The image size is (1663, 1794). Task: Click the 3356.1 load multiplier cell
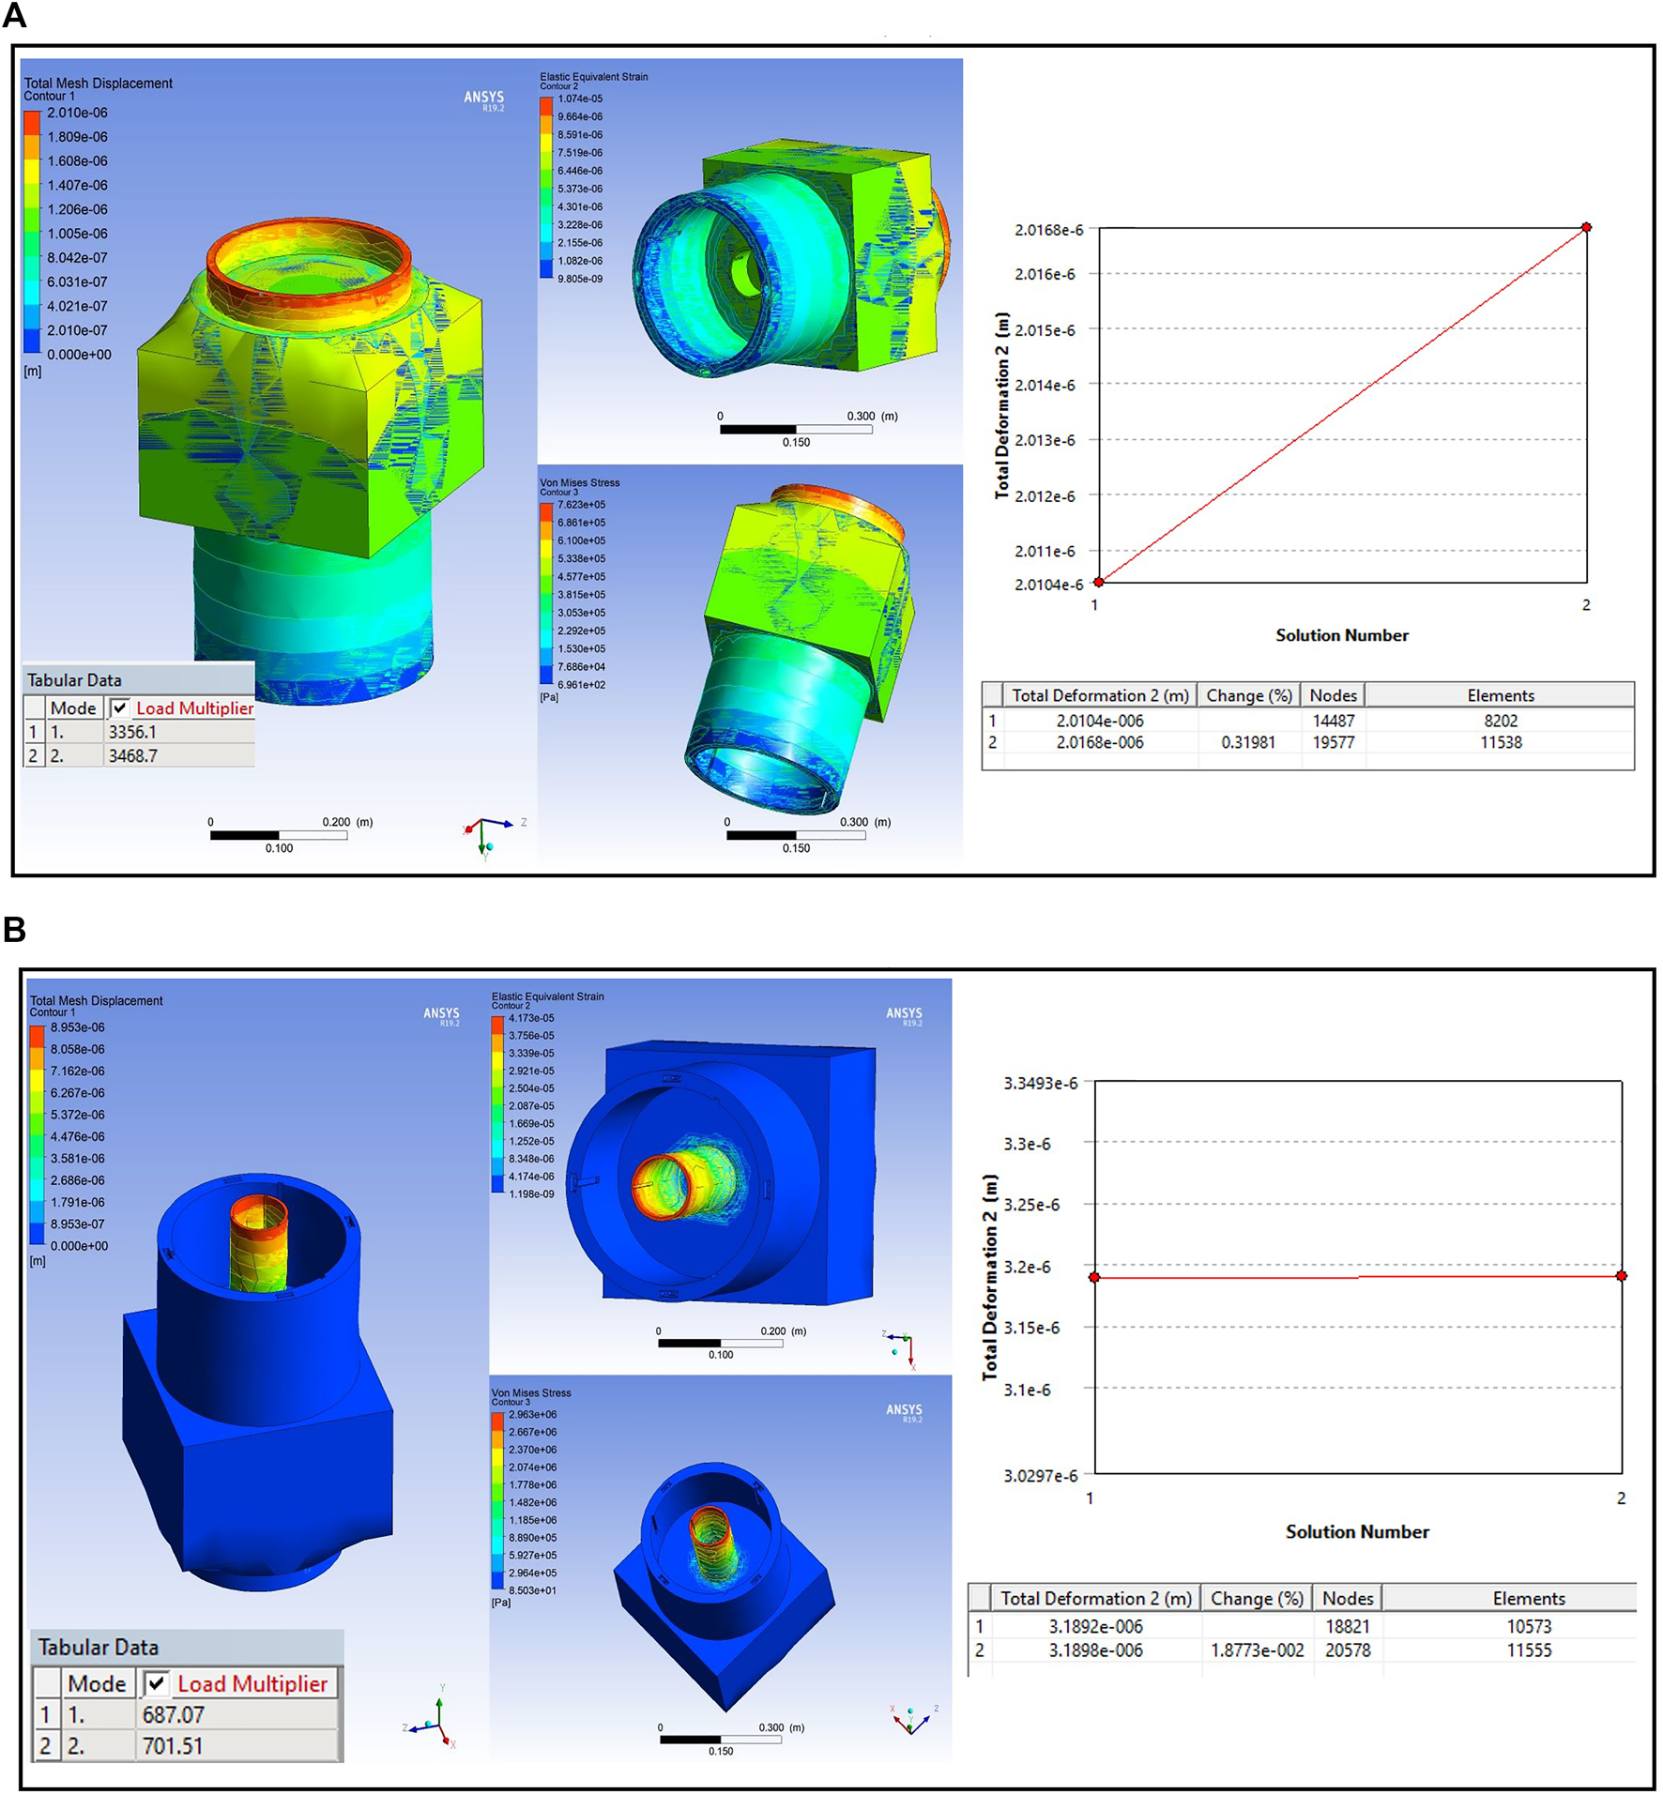coord(132,732)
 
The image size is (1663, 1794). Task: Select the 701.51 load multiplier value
coord(173,1745)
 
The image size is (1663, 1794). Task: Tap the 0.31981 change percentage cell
coord(1247,742)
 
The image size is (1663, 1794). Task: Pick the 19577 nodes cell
coord(1334,742)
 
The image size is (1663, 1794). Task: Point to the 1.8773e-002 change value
coord(1257,1650)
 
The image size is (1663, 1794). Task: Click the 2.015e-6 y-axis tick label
coord(1045,330)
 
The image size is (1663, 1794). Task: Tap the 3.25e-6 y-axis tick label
coord(1031,1205)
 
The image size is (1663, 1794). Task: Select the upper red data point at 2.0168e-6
coord(1586,227)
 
